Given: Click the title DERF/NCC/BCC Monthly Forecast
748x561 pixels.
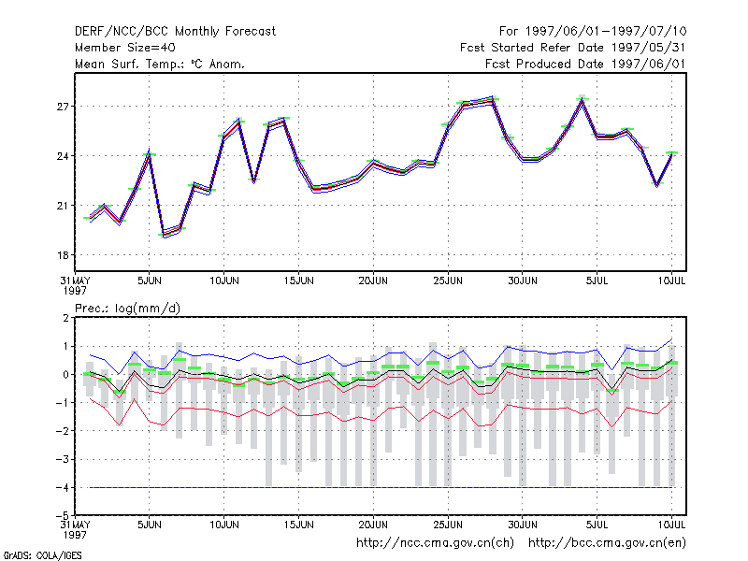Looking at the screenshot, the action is [175, 32].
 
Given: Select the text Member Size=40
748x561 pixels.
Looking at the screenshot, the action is [125, 48].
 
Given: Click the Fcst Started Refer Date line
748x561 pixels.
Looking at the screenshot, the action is [572, 48].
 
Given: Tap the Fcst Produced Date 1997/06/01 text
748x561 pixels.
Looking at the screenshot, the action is [585, 64].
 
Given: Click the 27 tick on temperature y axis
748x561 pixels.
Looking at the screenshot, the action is [63, 107].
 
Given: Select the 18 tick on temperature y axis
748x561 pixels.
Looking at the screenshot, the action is [63, 255].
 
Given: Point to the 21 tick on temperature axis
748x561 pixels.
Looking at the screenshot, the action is [63, 206].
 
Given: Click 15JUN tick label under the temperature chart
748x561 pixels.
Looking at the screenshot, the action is [298, 280].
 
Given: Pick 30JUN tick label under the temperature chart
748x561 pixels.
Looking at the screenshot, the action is [523, 280].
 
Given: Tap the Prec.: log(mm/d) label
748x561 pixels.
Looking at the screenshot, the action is [127, 309].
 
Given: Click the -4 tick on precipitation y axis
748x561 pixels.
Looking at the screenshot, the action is [63, 487].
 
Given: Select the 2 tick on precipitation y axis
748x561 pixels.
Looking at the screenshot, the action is [65, 318].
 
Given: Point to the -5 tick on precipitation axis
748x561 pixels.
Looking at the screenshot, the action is [63, 515].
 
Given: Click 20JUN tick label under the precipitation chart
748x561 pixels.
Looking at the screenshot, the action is [373, 525].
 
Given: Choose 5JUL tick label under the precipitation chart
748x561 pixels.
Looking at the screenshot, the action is [597, 525].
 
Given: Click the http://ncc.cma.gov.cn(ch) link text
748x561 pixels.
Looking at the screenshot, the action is [435, 543].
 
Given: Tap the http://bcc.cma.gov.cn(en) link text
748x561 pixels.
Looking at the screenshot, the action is [607, 543].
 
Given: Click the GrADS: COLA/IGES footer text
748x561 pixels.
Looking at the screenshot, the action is [42, 555].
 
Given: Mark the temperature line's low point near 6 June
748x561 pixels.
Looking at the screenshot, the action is [165, 236].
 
